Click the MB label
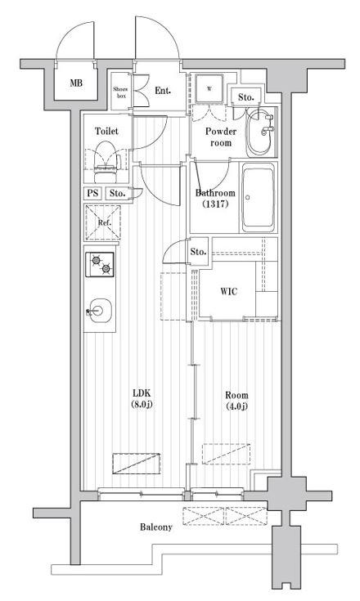[75, 83]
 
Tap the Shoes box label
[120, 92]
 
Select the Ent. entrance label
[162, 90]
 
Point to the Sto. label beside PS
[117, 194]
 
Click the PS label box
[92, 194]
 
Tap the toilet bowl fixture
[106, 156]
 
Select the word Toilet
[106, 131]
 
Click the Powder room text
[219, 137]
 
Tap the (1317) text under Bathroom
[215, 204]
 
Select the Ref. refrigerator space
[104, 222]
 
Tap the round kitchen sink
[98, 310]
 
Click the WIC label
[229, 292]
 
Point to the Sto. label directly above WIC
[199, 251]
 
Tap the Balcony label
[155, 527]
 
